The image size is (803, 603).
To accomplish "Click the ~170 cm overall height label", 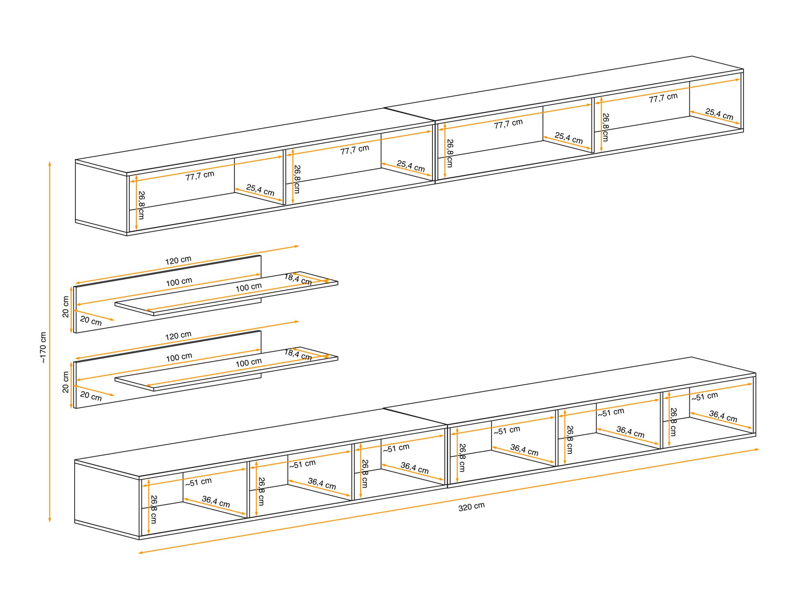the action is pos(43,348).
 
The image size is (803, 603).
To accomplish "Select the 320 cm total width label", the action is pos(471,507).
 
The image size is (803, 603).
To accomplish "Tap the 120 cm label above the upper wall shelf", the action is pos(178,260).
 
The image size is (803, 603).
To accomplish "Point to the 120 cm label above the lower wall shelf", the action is pos(178,336).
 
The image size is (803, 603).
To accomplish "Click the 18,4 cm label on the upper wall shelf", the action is pos(298,279).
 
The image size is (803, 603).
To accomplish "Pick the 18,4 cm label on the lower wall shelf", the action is pos(298,355).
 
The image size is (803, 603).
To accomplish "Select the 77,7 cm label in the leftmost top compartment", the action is pos(200,176).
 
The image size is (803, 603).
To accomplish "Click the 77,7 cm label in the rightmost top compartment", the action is pos(663,98).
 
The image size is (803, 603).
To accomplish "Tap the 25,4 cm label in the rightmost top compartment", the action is pos(719,114).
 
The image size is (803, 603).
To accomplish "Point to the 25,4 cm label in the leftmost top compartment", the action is pos(260,190).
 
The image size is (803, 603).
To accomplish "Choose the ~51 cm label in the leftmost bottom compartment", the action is pos(198,482).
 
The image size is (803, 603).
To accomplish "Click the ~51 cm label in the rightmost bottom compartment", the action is pos(705,396).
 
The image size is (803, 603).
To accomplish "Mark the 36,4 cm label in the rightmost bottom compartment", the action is pos(723,416).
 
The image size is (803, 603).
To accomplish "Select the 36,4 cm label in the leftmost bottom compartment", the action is pos(216,501).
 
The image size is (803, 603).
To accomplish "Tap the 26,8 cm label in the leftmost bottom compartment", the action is pos(154,509).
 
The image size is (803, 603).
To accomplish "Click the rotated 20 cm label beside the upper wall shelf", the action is pos(66,307).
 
